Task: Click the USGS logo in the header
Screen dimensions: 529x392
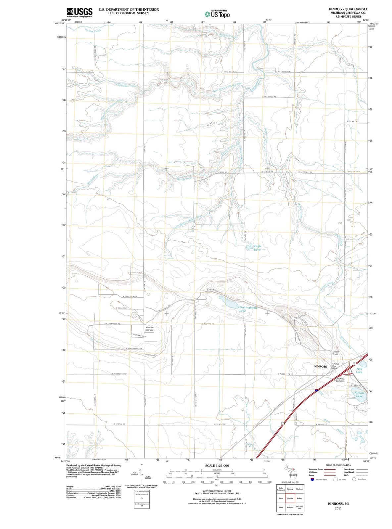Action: click(x=79, y=12)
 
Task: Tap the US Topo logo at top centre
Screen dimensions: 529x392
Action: click(x=217, y=14)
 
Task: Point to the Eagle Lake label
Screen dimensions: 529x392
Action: click(x=257, y=248)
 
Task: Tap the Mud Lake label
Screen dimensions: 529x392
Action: click(x=359, y=370)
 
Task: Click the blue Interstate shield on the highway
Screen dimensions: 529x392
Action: click(x=317, y=390)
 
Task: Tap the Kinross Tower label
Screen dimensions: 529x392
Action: click(x=335, y=353)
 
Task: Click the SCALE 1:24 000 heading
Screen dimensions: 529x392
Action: click(x=217, y=466)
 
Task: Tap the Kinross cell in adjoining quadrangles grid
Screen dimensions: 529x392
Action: click(x=290, y=498)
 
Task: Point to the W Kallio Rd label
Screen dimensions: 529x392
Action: click(x=321, y=424)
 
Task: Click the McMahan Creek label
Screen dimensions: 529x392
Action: click(x=127, y=86)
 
